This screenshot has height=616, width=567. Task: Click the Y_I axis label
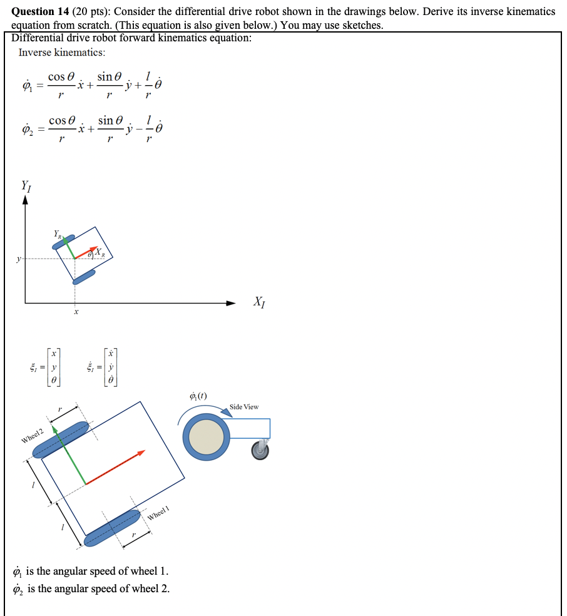coord(26,185)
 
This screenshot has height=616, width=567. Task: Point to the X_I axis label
coord(259,303)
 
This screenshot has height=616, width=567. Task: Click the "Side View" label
coord(244,407)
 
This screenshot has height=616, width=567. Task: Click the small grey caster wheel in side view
coord(260,449)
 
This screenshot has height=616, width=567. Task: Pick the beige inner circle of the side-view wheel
coord(207,437)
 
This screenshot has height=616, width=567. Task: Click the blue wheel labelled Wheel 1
coord(112,528)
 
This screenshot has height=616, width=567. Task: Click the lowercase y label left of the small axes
coord(19,258)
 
